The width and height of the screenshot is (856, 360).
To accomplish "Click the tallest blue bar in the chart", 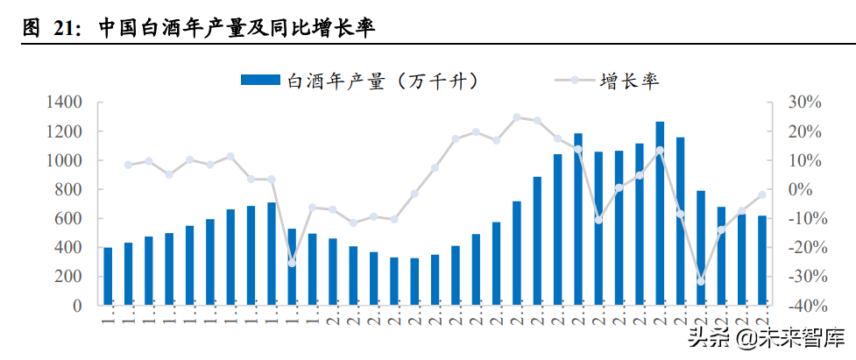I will [660, 213].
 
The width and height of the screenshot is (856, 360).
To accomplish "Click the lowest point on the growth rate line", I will [701, 281].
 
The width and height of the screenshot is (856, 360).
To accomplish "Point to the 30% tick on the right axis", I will [803, 102].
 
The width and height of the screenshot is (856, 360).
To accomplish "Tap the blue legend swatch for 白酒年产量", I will [261, 81].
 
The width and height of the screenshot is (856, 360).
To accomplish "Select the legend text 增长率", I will [629, 81].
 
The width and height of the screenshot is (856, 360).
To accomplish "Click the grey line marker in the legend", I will [574, 81].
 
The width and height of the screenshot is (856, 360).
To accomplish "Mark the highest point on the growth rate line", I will [516, 117].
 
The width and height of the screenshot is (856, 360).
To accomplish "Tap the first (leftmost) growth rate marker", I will [128, 165].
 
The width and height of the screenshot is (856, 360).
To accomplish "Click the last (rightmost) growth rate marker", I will [762, 194].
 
